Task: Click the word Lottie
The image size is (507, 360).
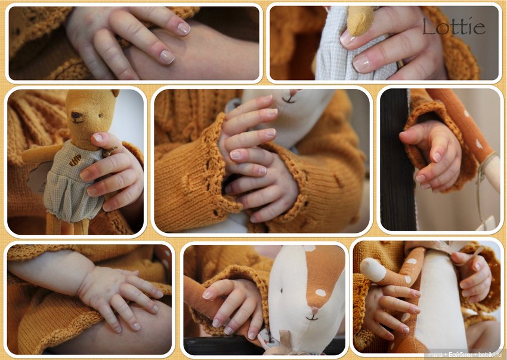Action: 454,26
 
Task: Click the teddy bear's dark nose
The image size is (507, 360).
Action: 76,115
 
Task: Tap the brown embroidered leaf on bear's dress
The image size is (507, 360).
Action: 75,160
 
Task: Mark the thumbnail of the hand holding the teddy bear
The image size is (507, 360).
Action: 97,137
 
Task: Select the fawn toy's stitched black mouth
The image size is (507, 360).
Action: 312,318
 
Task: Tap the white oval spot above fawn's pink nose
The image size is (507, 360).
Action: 320,293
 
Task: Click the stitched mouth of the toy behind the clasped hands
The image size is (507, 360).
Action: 289,100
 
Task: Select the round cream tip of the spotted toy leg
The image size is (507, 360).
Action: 373,269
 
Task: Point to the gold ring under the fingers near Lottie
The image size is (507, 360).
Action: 400,64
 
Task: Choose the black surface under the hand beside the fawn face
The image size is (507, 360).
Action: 223,346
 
